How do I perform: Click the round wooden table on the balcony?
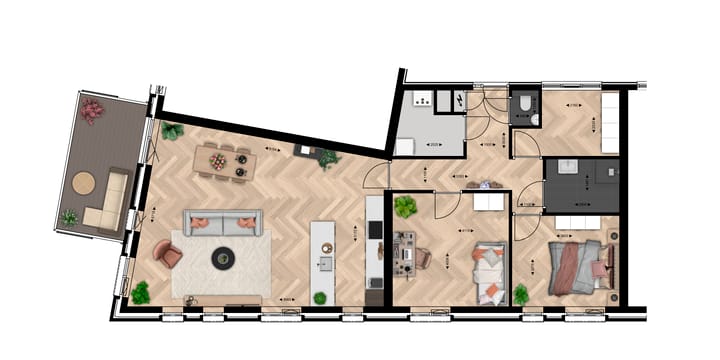(x=83, y=183)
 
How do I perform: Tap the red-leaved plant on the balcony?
(x=92, y=109)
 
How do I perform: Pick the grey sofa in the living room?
(x=222, y=222)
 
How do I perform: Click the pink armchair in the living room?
(x=169, y=255)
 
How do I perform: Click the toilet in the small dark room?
(x=524, y=109)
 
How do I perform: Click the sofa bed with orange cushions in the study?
(x=490, y=272)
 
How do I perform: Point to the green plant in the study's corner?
(x=405, y=207)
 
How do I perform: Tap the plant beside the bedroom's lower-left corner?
(x=520, y=294)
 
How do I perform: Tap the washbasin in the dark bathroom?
(x=568, y=168)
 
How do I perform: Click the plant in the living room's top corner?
(x=172, y=131)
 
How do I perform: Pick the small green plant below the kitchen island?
(x=320, y=297)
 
